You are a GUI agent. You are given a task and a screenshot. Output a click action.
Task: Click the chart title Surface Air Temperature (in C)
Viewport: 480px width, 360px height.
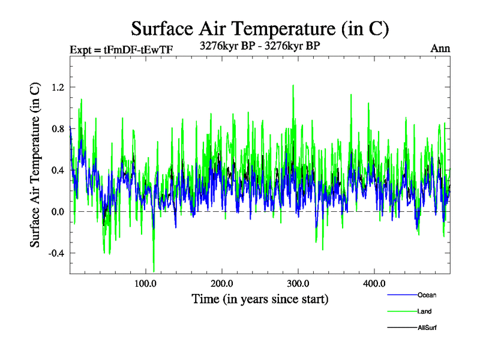pos(260,28)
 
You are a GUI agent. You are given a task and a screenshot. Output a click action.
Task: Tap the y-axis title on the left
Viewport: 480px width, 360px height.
pos(35,164)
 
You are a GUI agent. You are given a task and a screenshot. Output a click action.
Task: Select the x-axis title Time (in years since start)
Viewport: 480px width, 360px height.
pos(260,298)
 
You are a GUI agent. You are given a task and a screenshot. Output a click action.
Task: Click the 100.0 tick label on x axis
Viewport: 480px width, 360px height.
pos(146,283)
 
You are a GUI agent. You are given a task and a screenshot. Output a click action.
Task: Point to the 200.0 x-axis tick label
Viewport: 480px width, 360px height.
pos(222,283)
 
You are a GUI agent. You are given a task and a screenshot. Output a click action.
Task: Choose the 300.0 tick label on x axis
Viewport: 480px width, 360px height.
pos(298,283)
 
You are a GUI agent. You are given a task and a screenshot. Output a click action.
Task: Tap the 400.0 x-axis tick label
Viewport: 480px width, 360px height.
pos(374,283)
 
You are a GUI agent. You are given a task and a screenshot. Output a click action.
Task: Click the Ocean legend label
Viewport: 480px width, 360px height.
pos(427,295)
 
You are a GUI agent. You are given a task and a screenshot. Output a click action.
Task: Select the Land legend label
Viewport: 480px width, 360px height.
pos(424,311)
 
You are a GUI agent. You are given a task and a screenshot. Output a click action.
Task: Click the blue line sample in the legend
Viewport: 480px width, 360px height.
pos(401,295)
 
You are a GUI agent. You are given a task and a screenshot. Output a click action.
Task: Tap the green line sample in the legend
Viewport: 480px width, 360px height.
pos(401,311)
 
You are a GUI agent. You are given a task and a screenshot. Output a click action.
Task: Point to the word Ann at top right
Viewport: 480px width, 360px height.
pos(440,49)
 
